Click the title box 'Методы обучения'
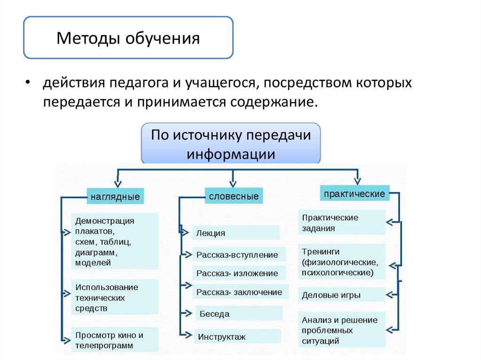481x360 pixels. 128,38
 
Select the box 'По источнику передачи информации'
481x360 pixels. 231,144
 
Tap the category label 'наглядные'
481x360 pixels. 115,197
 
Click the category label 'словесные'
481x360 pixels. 233,196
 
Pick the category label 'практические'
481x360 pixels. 355,193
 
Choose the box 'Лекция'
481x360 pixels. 236,233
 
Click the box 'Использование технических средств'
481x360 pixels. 115,298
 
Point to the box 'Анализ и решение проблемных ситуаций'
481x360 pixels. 341,330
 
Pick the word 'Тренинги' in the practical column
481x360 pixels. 321,252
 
